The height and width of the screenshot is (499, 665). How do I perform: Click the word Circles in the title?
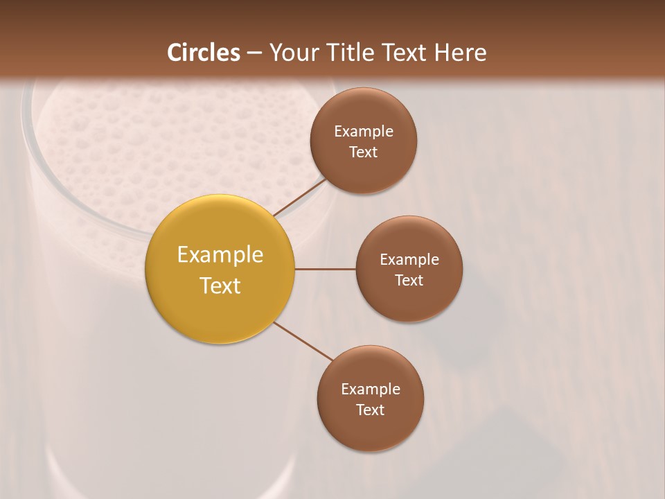pyautogui.click(x=203, y=53)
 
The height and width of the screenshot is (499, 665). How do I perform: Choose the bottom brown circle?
pyautogui.click(x=370, y=430)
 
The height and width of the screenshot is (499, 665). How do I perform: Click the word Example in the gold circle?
pyautogui.click(x=220, y=255)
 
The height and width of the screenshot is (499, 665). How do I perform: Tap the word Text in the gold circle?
pyautogui.click(x=220, y=286)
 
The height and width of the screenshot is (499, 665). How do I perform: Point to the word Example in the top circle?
pyautogui.click(x=363, y=132)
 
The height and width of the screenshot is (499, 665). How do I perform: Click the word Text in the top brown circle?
pyautogui.click(x=363, y=152)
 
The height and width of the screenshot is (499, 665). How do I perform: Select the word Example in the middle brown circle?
pyautogui.click(x=409, y=260)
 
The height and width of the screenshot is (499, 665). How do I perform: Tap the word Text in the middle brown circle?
pyautogui.click(x=409, y=281)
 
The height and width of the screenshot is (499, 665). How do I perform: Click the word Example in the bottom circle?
pyautogui.click(x=370, y=389)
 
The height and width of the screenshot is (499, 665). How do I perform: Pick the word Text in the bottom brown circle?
pyautogui.click(x=370, y=410)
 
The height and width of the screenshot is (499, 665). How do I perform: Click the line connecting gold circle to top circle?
pyautogui.click(x=299, y=198)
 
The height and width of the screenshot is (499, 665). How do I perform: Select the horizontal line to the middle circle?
pyautogui.click(x=326, y=269)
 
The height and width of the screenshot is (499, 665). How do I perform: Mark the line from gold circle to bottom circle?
pyautogui.click(x=303, y=341)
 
